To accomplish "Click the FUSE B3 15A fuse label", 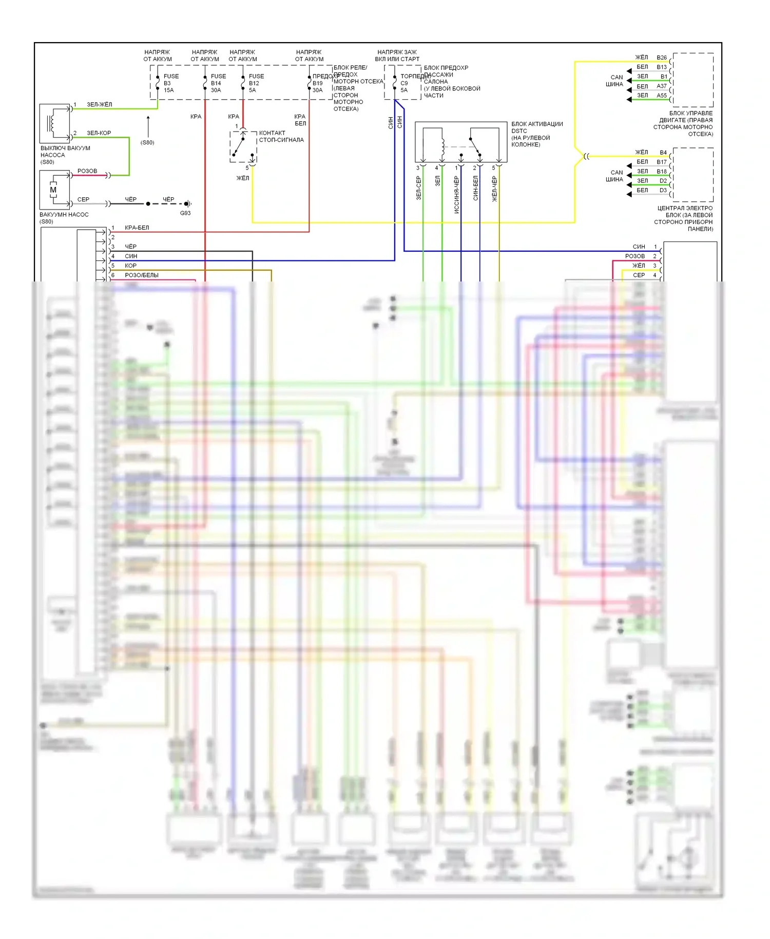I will click(x=171, y=83).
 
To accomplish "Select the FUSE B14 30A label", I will click(x=218, y=83).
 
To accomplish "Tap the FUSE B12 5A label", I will click(x=256, y=83).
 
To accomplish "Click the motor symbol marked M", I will click(x=53, y=190).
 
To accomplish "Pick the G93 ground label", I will click(x=185, y=213).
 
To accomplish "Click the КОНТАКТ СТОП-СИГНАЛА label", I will click(x=281, y=136).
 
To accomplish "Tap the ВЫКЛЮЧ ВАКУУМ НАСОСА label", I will click(x=65, y=155).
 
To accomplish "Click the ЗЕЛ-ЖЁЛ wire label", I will click(x=99, y=105).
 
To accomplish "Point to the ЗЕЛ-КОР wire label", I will click(x=99, y=133).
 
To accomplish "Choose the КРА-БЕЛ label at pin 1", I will click(x=137, y=228).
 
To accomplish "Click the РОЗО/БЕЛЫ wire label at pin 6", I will click(x=142, y=275).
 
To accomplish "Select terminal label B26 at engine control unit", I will click(x=662, y=58).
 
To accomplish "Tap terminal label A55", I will click(x=662, y=96).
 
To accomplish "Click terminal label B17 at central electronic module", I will click(x=662, y=162).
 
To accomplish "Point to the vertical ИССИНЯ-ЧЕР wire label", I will click(x=456, y=195).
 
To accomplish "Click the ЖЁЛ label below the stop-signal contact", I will click(x=242, y=178).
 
